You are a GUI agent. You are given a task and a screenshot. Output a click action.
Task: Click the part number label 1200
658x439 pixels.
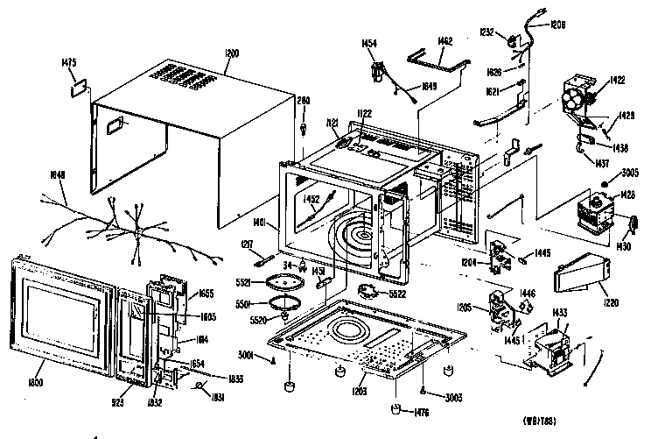click(x=232, y=54)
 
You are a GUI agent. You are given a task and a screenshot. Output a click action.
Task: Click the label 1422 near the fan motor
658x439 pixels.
click(x=618, y=80)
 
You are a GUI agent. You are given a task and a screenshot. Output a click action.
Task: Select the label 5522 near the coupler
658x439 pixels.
click(x=402, y=294)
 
